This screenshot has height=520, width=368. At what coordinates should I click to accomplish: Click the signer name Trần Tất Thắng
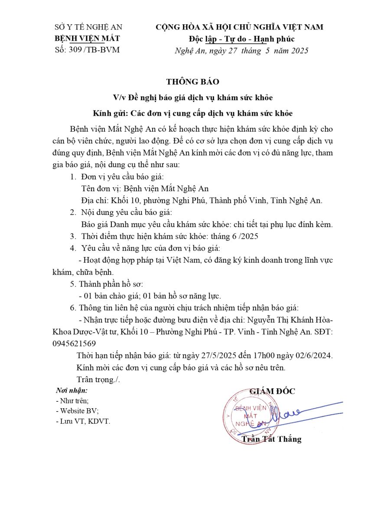271,439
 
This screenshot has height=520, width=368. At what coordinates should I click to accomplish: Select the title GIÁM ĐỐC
272,391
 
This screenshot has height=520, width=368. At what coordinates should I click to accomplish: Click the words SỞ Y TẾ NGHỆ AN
88,27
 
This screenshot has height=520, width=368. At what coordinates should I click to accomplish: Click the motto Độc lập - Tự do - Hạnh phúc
238,39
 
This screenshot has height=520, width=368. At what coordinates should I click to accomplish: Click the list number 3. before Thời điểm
73,236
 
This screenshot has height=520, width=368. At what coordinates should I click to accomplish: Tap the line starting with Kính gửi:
193,114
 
